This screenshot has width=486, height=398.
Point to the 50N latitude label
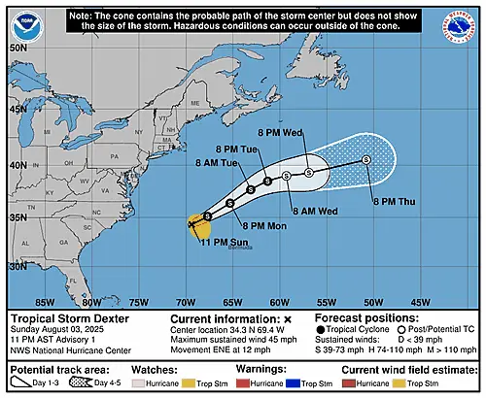(x=17, y=47)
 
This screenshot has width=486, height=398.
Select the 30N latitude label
(x=17, y=265)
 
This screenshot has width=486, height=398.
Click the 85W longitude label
(x=44, y=300)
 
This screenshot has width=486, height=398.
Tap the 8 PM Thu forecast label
(x=392, y=201)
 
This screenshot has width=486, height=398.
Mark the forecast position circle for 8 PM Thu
(x=365, y=160)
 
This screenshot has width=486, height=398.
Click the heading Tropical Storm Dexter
(x=67, y=317)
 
